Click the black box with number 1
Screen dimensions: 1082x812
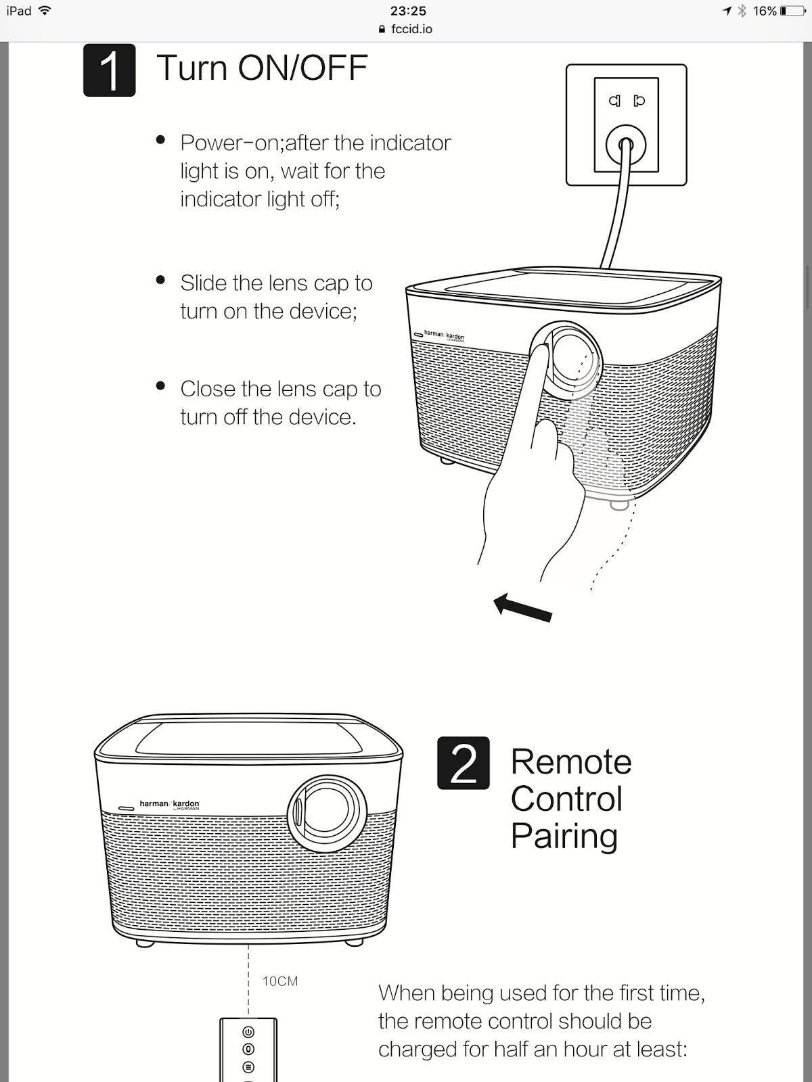[x=109, y=70]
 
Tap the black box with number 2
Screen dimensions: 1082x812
[x=463, y=763]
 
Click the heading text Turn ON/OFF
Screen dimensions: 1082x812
[x=262, y=68]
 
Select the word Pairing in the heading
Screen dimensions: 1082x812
[x=564, y=836]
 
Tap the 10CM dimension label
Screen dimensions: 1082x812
[x=279, y=981]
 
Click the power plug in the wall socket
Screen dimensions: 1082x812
[x=625, y=144]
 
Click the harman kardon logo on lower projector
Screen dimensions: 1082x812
[x=169, y=804]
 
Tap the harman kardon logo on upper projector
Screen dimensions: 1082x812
[x=443, y=335]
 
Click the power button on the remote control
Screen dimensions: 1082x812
[x=248, y=1032]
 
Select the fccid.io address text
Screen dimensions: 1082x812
[x=411, y=29]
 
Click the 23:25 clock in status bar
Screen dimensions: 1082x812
[x=408, y=11]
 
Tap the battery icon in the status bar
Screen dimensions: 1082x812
[x=792, y=11]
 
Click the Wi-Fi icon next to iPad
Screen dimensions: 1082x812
[x=45, y=11]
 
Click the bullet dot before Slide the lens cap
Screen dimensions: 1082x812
[x=160, y=280]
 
